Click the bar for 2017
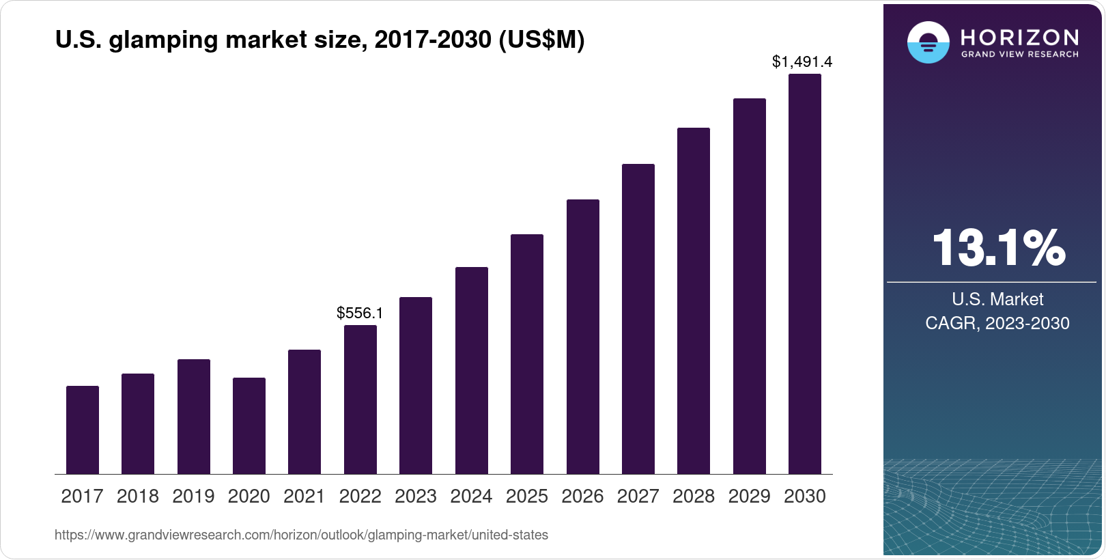tap(83, 430)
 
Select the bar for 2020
tap(249, 425)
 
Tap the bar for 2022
tap(360, 400)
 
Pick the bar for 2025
tap(527, 354)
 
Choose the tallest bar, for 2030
tap(805, 274)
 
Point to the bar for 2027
tap(638, 319)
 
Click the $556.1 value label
tap(360, 313)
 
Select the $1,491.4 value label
tap(802, 61)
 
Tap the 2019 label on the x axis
tap(193, 496)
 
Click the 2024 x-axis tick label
tap(471, 496)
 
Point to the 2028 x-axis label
tap(694, 496)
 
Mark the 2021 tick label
tap(304, 496)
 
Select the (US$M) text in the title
tap(541, 40)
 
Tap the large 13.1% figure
tap(997, 247)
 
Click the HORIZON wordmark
tap(1020, 37)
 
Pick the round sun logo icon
tap(928, 42)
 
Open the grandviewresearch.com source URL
tap(301, 535)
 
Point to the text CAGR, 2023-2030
tap(997, 323)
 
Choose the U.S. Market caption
tap(997, 299)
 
